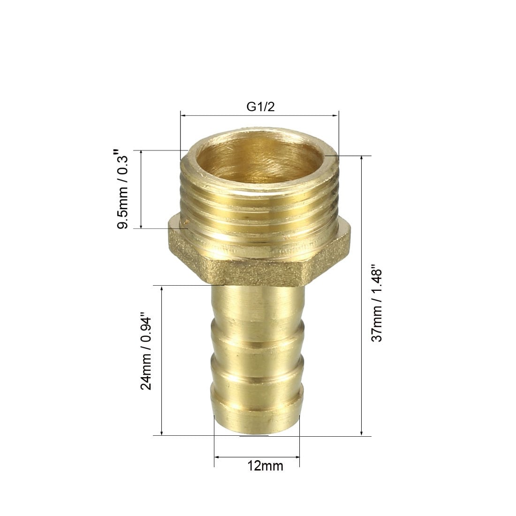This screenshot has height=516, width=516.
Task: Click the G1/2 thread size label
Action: click(x=260, y=106)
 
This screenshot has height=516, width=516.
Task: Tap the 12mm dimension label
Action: click(x=265, y=466)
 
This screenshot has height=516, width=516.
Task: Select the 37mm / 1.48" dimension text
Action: click(x=377, y=303)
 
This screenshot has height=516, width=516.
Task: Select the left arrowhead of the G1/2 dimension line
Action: click(x=183, y=115)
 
